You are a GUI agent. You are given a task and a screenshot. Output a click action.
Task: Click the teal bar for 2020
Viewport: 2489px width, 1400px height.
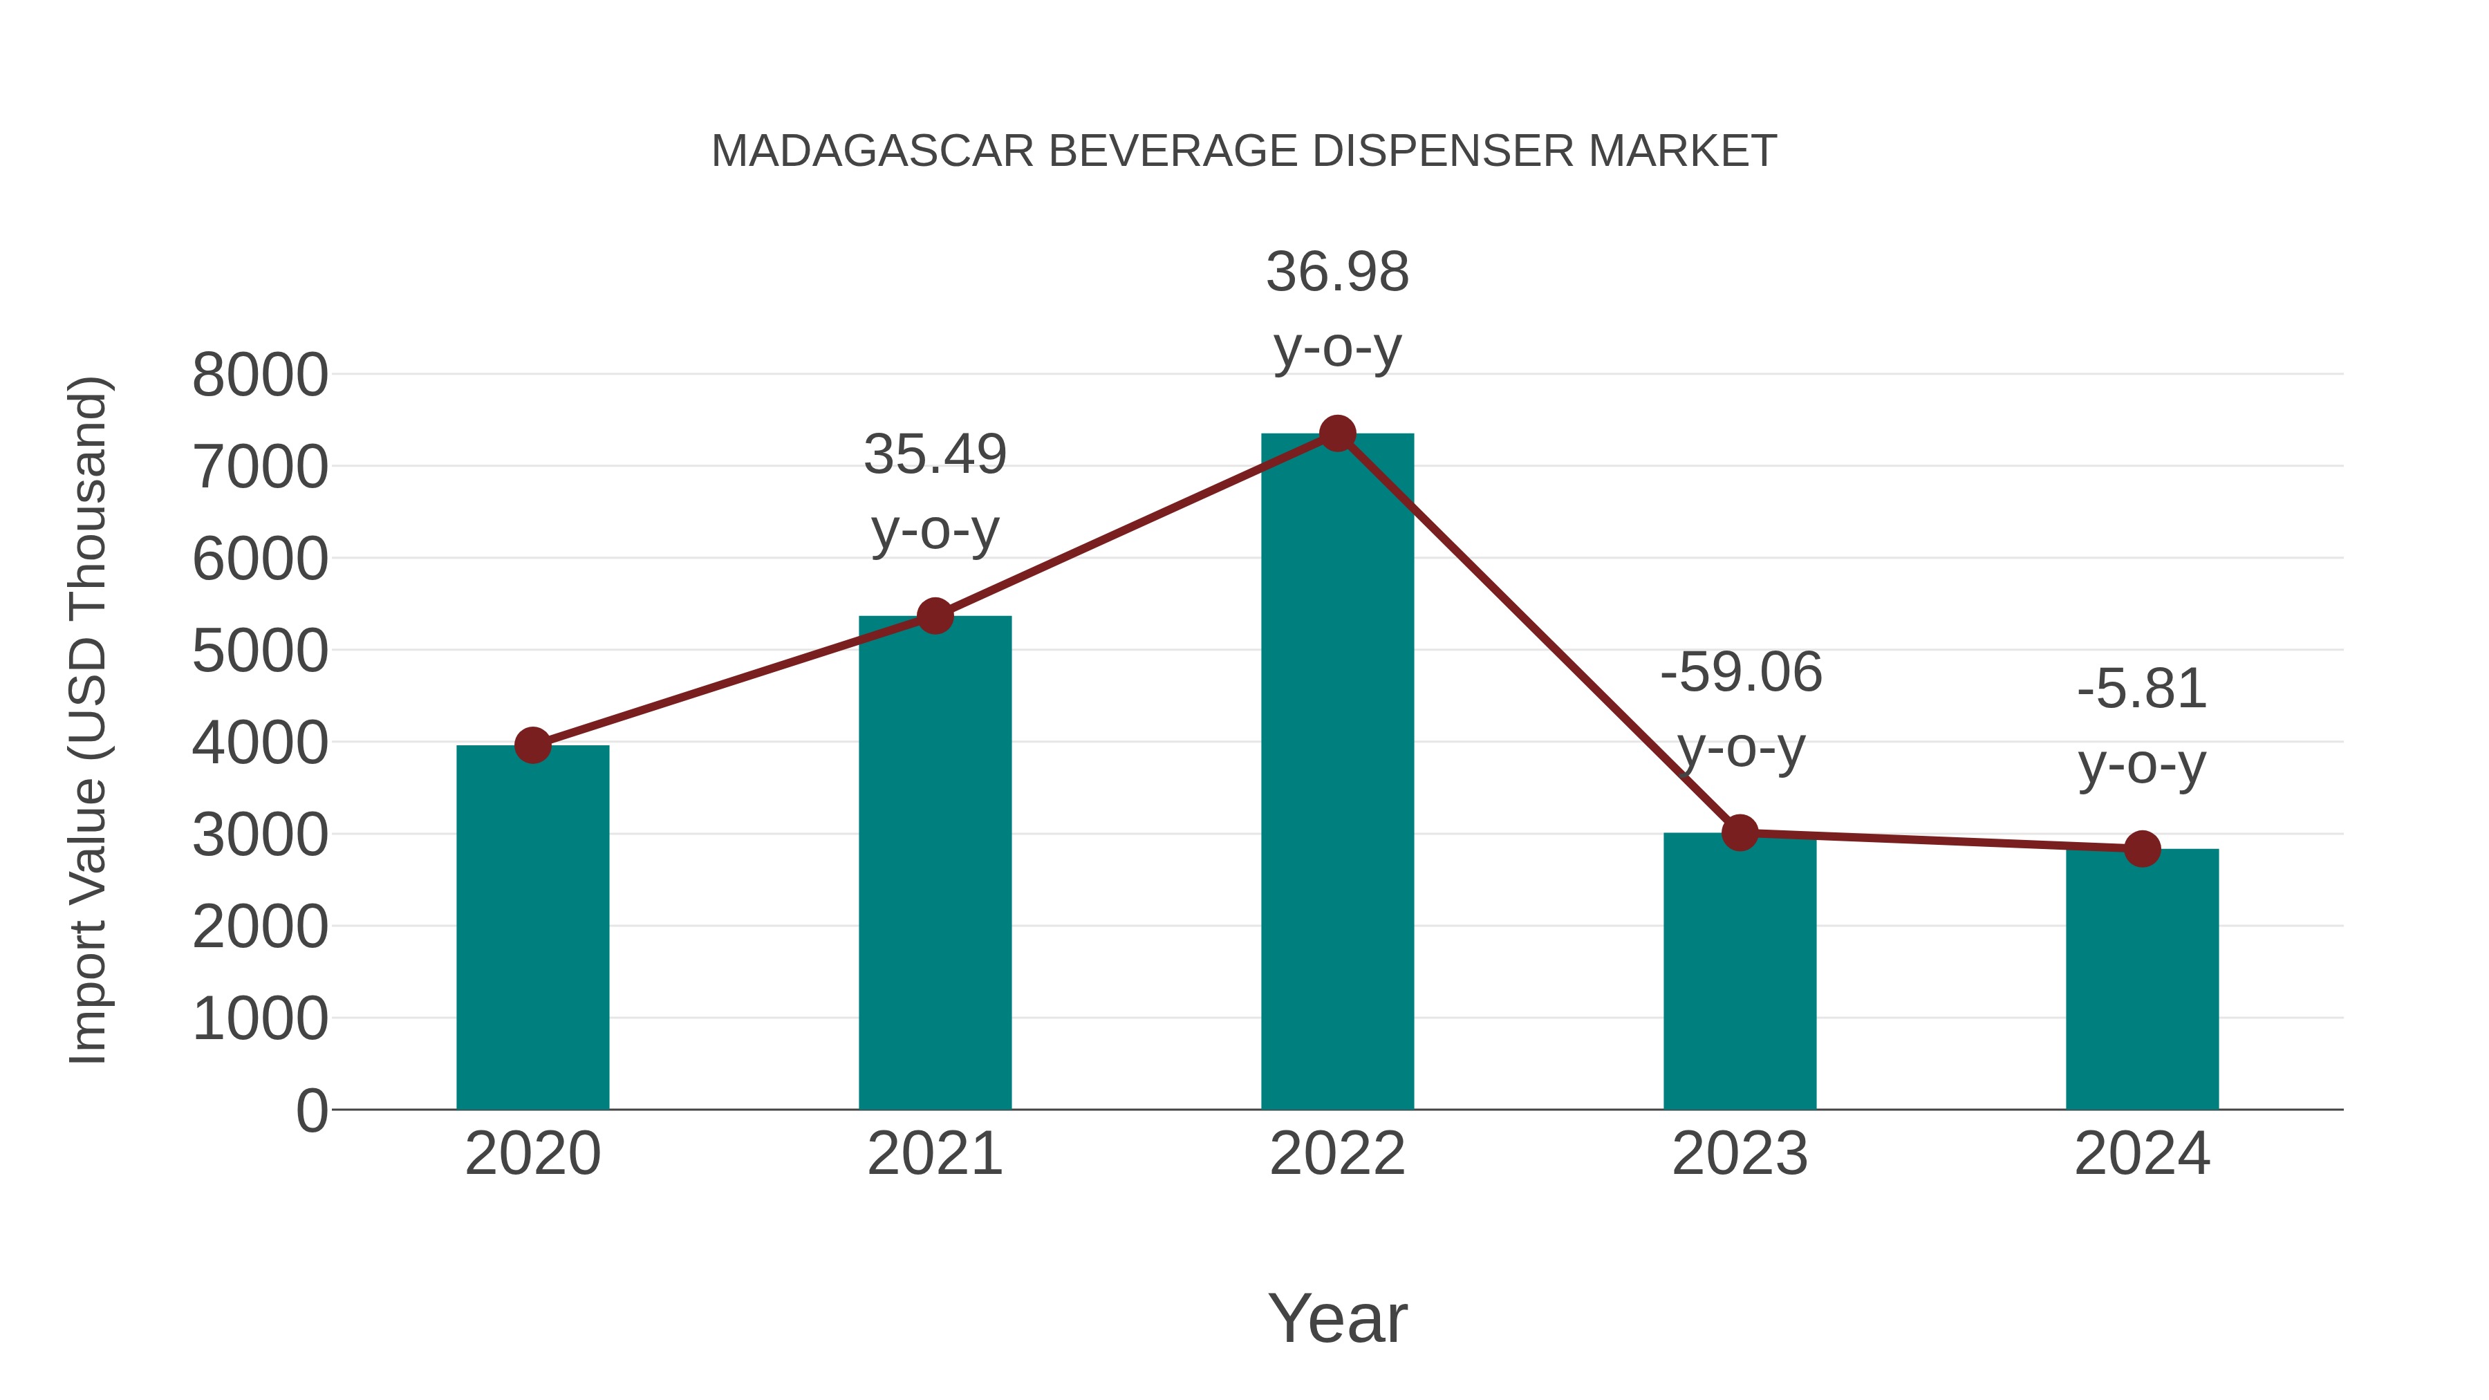pos(532,928)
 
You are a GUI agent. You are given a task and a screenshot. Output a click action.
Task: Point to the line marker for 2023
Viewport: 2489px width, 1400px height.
pos(1740,832)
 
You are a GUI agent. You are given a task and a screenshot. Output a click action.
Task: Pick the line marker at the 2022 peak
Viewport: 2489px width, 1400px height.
pos(1337,433)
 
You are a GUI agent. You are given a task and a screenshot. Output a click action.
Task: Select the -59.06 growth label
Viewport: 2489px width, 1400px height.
pos(1740,673)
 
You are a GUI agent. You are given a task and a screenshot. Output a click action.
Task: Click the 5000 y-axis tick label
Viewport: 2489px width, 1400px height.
pos(260,651)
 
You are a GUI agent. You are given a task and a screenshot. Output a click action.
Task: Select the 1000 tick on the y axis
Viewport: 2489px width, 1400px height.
pos(260,1018)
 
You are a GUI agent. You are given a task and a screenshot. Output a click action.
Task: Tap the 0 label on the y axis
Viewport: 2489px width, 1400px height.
pos(312,1110)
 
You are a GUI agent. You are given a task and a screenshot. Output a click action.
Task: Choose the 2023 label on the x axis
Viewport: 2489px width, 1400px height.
pos(1740,1154)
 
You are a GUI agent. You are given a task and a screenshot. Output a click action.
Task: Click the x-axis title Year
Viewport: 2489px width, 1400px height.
pos(1337,1318)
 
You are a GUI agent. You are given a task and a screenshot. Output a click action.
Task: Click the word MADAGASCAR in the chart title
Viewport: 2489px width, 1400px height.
pos(873,151)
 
